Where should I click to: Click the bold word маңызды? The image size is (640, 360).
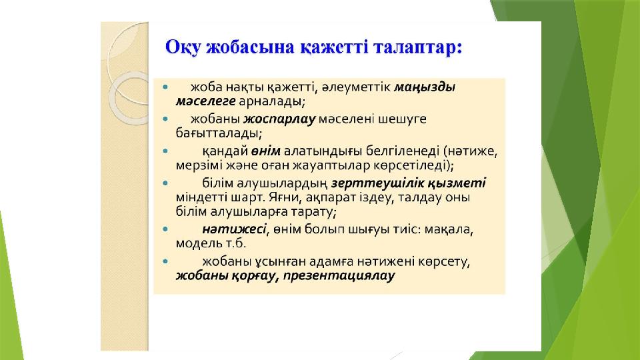pos(425,87)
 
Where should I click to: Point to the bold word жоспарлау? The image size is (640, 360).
pos(279,119)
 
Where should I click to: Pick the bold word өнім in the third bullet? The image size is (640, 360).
pos(266,151)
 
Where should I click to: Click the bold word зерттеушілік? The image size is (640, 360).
pos(377,183)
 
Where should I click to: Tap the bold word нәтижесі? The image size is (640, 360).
pos(234,229)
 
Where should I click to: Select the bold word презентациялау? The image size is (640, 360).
pos(339,275)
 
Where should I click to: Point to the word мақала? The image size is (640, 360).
pos(449,230)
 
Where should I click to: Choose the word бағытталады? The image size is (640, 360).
pos(219,133)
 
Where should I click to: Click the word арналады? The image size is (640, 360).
pos(272,101)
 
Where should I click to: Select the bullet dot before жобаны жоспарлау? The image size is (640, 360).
pos(165,119)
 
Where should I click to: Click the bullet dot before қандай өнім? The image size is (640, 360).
pos(165,151)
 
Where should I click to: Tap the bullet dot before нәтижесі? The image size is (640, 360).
pos(165,229)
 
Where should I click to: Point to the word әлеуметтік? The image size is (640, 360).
pos(355,87)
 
